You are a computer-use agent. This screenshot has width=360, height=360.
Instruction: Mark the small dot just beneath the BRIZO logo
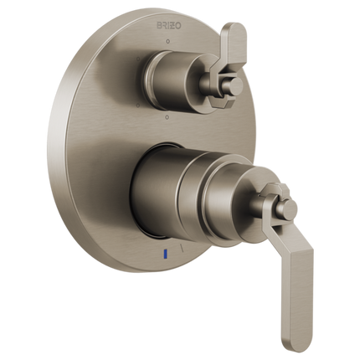click(x=168, y=39)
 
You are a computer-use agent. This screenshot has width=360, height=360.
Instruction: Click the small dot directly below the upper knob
click(x=168, y=116)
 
